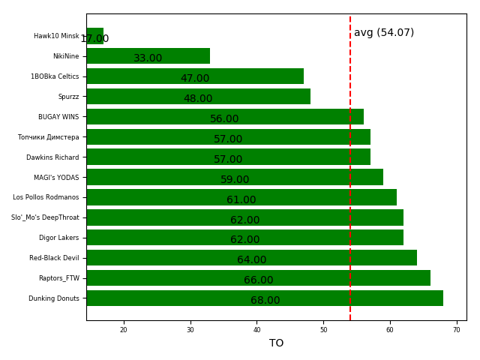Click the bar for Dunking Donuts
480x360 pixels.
click(x=264, y=298)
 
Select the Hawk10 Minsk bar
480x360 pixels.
click(x=95, y=36)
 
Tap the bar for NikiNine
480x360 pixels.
click(x=148, y=56)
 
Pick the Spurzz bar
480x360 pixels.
click(x=198, y=97)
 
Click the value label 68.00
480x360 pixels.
click(x=265, y=301)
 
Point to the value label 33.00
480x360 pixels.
click(x=148, y=58)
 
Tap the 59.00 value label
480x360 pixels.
click(x=235, y=180)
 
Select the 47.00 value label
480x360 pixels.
click(x=195, y=79)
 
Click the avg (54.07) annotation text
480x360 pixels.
click(x=384, y=33)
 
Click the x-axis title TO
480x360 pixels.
click(x=276, y=343)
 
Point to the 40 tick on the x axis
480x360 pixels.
click(x=256, y=329)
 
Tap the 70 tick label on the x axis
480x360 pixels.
click(x=457, y=329)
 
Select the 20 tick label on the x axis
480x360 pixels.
click(x=124, y=329)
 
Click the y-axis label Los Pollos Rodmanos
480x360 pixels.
click(x=46, y=197)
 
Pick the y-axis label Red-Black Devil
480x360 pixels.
click(x=54, y=258)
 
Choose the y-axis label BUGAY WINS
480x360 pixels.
click(x=58, y=117)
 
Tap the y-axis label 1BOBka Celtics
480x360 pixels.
click(x=55, y=76)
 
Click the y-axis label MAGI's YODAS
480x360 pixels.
click(x=56, y=178)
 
